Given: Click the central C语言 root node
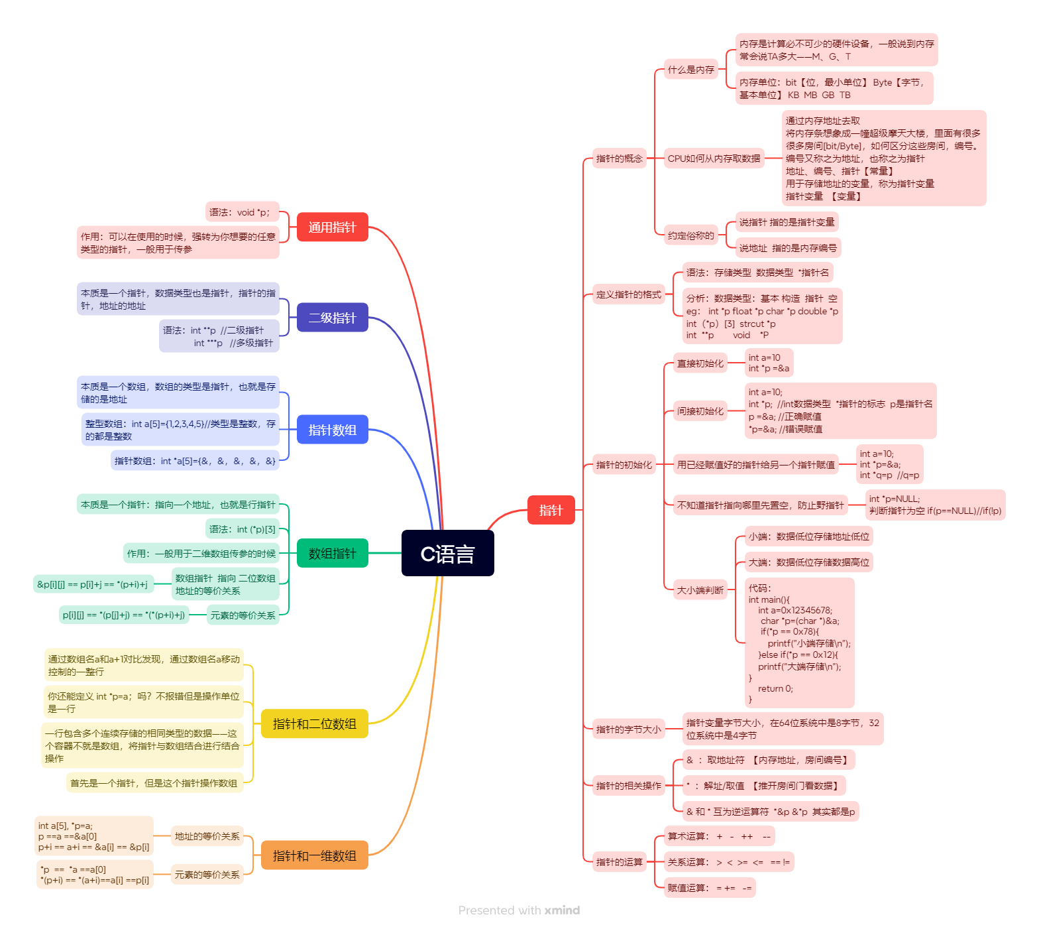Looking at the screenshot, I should click(447, 553).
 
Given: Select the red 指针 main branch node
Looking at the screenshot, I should click(551, 510).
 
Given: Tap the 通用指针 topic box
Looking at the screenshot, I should click(332, 227).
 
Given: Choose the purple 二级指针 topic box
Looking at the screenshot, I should click(332, 318).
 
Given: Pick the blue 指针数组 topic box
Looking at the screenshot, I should click(332, 430).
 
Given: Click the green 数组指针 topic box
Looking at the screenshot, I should click(332, 553).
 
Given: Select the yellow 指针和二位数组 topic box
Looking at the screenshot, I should click(314, 723).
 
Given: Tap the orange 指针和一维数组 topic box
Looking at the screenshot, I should click(314, 855).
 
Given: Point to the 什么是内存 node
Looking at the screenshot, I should click(690, 70).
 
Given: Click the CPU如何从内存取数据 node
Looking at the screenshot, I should click(714, 158).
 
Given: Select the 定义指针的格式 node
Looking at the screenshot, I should click(628, 294).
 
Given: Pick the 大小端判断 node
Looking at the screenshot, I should click(700, 590).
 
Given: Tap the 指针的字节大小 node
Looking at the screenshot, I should click(628, 729).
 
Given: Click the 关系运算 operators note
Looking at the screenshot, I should click(728, 862).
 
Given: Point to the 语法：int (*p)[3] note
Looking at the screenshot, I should click(242, 529).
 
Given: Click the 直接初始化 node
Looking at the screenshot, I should click(700, 363).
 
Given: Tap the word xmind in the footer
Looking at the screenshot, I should click(562, 910).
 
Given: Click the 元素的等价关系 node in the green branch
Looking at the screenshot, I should click(243, 615).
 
